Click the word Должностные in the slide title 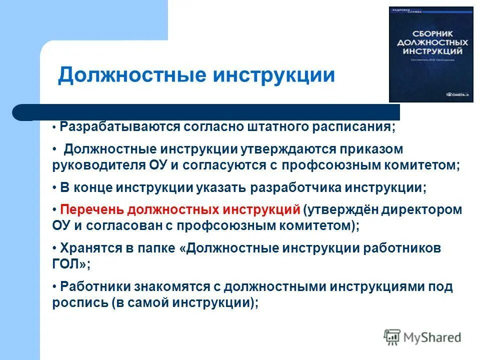point(132,75)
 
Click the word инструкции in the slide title point(274,75)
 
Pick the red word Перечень point(84,209)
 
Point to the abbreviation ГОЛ point(67,264)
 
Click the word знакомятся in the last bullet point(182,286)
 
